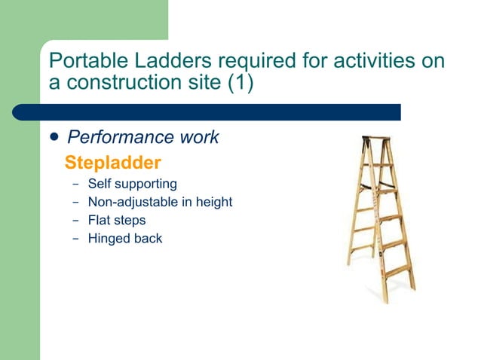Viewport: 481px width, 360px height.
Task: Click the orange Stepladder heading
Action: [x=113, y=162]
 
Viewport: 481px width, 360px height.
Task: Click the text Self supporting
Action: [x=133, y=184]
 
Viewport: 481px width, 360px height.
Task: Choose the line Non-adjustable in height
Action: [x=160, y=202]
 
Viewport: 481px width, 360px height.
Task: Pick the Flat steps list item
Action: [x=117, y=221]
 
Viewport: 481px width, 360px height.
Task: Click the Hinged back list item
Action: [x=125, y=239]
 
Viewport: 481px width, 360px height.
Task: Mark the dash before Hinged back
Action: [x=75, y=239]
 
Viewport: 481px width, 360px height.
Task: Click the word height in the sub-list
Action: [x=214, y=202]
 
